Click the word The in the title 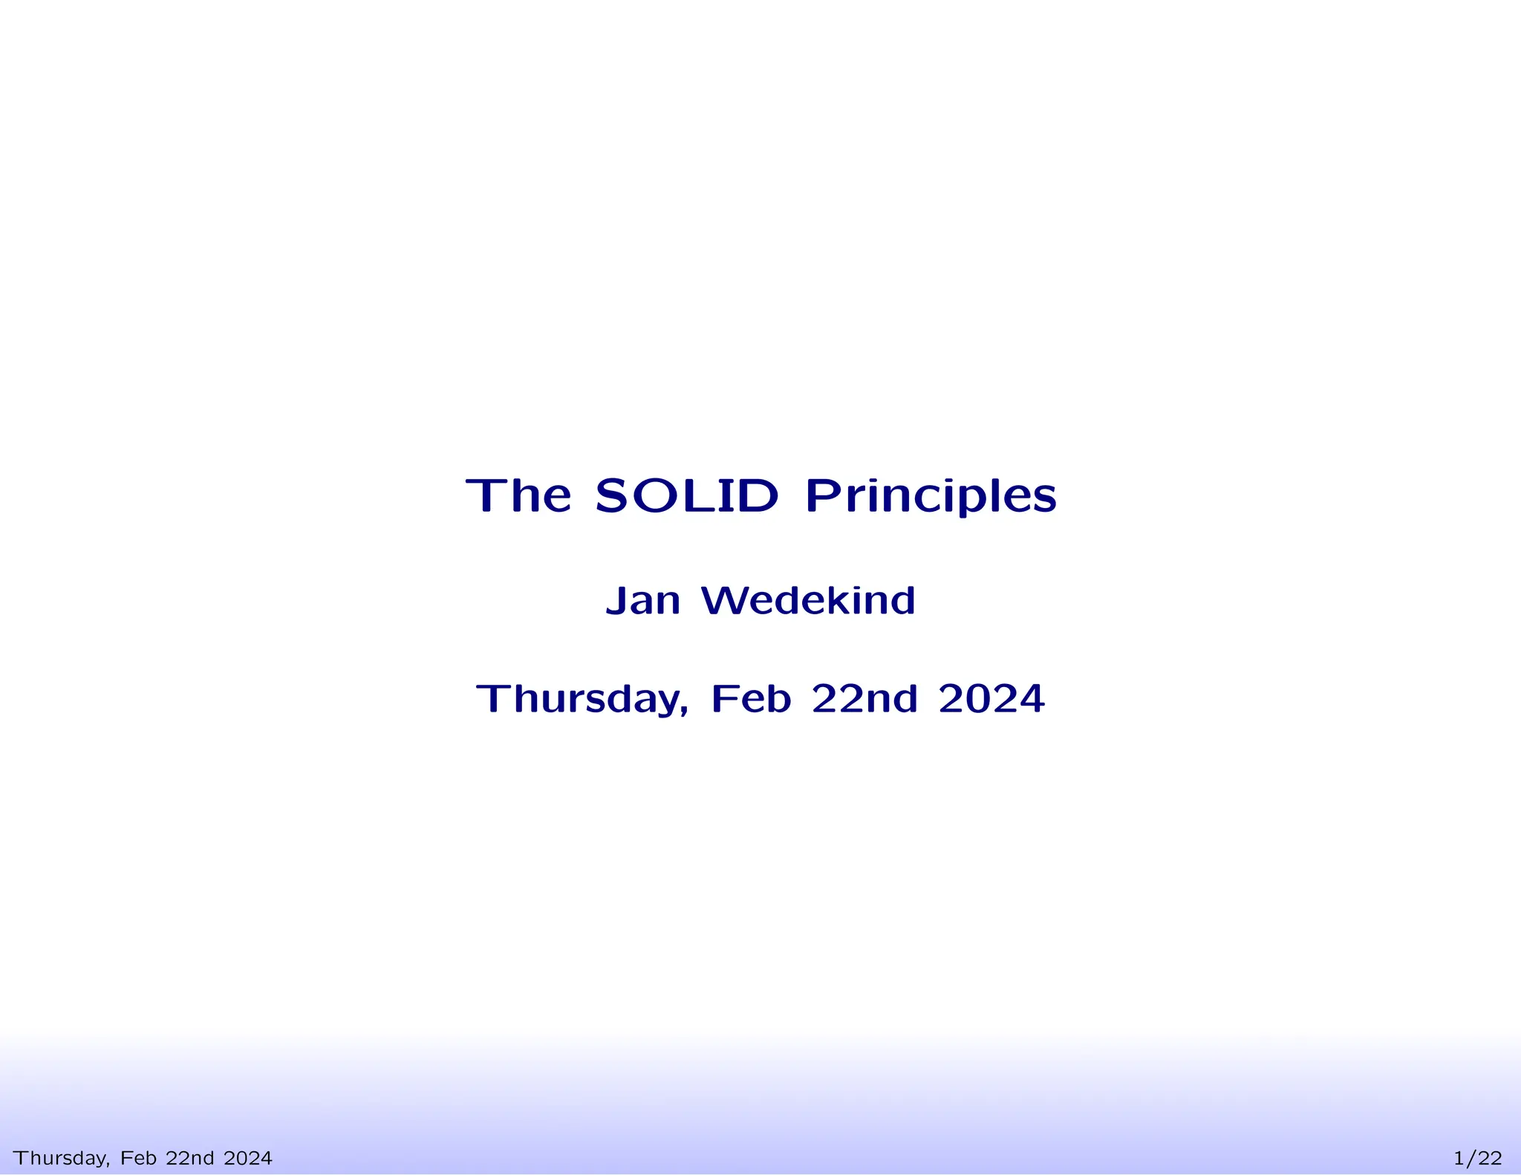coord(518,495)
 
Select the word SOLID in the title coord(687,495)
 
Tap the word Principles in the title coord(931,497)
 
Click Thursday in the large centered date coord(579,700)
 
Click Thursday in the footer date coord(61,1158)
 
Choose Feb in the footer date coord(138,1157)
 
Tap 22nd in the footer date coord(189,1157)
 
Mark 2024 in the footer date coord(247,1157)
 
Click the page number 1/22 coord(1477,1158)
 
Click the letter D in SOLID coord(758,495)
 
